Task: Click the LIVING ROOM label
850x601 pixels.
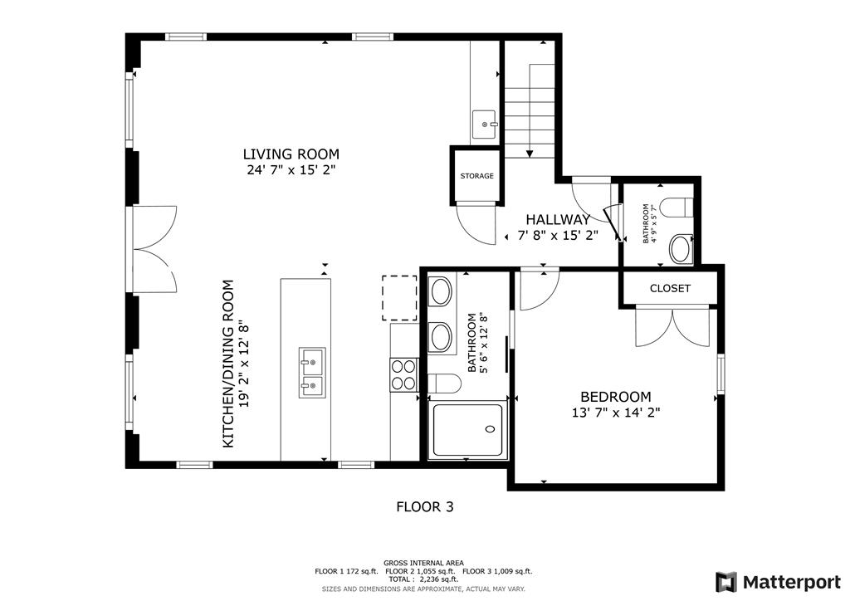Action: (291, 154)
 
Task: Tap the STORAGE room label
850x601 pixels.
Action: (477, 176)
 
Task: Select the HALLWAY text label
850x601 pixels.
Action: (558, 219)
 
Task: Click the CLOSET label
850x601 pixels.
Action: (670, 288)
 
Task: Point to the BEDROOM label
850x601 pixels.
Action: (616, 397)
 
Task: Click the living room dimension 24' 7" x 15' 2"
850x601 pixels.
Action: (291, 170)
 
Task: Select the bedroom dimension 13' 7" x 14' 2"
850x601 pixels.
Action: (616, 413)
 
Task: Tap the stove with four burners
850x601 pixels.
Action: (403, 375)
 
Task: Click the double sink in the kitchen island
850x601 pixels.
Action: (312, 373)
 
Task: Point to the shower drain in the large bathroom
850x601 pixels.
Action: (491, 429)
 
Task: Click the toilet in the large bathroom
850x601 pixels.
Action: (444, 384)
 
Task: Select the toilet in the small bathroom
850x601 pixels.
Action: (679, 208)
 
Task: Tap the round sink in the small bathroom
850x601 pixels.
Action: (681, 249)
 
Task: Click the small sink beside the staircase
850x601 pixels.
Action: (484, 125)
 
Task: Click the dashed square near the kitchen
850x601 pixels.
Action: (399, 297)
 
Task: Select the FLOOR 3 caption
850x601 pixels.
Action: (425, 507)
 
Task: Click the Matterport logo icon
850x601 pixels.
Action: (726, 582)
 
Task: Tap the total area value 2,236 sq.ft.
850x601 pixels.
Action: (437, 579)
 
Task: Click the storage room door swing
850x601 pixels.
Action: (476, 223)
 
